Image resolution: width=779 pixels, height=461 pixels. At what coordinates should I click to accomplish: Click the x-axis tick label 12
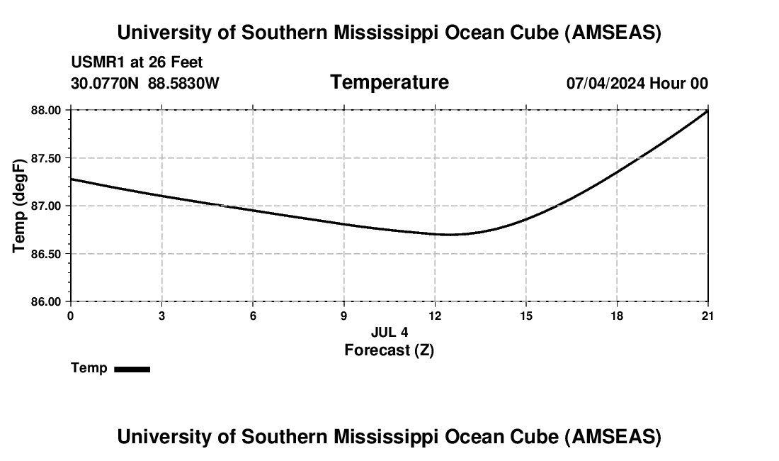coord(435,316)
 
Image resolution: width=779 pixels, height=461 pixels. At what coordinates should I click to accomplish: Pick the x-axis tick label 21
coord(708,316)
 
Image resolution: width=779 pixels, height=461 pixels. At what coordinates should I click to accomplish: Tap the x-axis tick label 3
coord(161,316)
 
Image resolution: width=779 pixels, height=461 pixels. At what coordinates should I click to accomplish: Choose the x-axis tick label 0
coord(70,316)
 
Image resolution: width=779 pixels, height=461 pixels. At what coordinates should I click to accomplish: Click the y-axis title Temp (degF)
coord(20,206)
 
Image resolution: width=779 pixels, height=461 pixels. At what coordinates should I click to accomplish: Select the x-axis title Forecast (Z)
coord(389,350)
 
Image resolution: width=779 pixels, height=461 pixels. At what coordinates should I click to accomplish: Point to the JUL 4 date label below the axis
coord(389,332)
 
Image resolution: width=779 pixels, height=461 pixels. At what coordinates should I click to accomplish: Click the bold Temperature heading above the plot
coord(389,82)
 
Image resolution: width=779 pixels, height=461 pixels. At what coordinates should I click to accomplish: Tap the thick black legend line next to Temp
coord(132,369)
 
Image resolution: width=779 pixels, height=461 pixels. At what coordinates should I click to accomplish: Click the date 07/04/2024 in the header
coord(605,84)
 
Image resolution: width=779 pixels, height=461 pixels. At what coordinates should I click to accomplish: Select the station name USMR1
coord(95,62)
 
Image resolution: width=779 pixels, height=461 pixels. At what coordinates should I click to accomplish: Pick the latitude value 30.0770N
coord(106,84)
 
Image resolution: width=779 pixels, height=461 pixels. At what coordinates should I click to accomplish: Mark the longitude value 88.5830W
coord(183,84)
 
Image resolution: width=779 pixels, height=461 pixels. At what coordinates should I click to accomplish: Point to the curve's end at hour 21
coord(707,111)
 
